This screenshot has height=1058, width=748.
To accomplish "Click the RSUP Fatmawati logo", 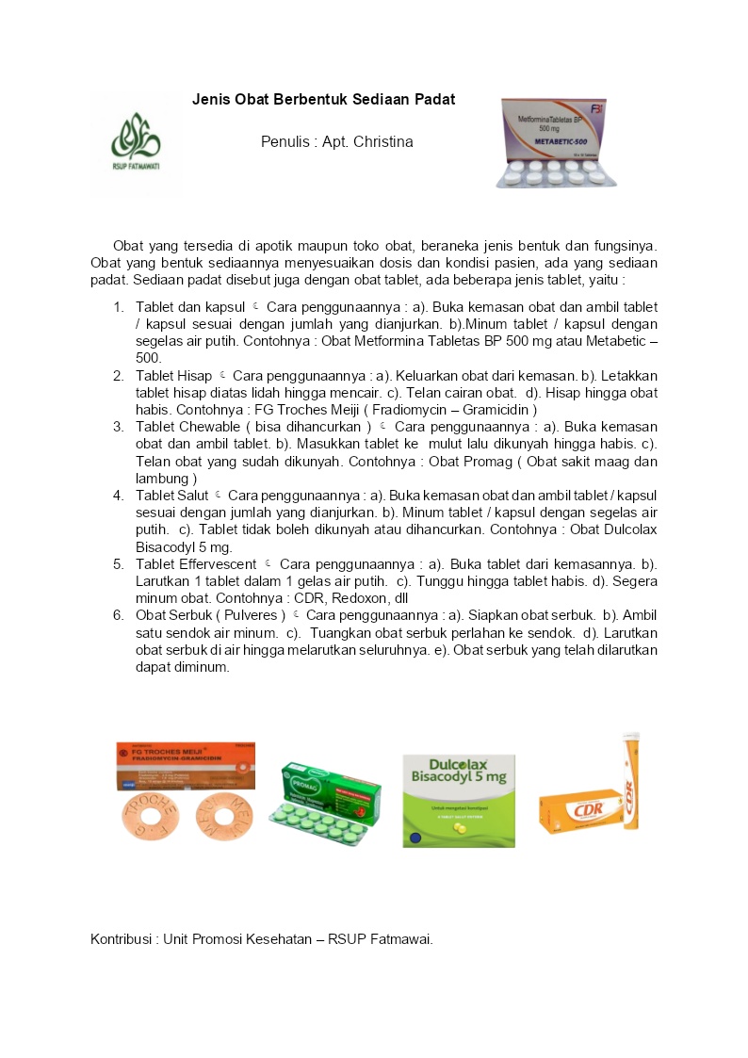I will point(136,142).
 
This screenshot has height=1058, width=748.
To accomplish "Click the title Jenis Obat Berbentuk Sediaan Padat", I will point(324,99).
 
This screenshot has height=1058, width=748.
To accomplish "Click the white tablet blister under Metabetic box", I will point(557,174).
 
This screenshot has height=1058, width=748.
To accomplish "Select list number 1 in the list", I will point(119,307).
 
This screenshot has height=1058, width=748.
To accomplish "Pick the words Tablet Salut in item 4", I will point(172,495).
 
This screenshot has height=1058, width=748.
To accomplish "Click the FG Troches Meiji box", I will point(185,762).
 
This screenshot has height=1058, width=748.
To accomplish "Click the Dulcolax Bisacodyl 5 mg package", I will point(458,799).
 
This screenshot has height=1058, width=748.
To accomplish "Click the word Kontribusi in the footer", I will point(122,939).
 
